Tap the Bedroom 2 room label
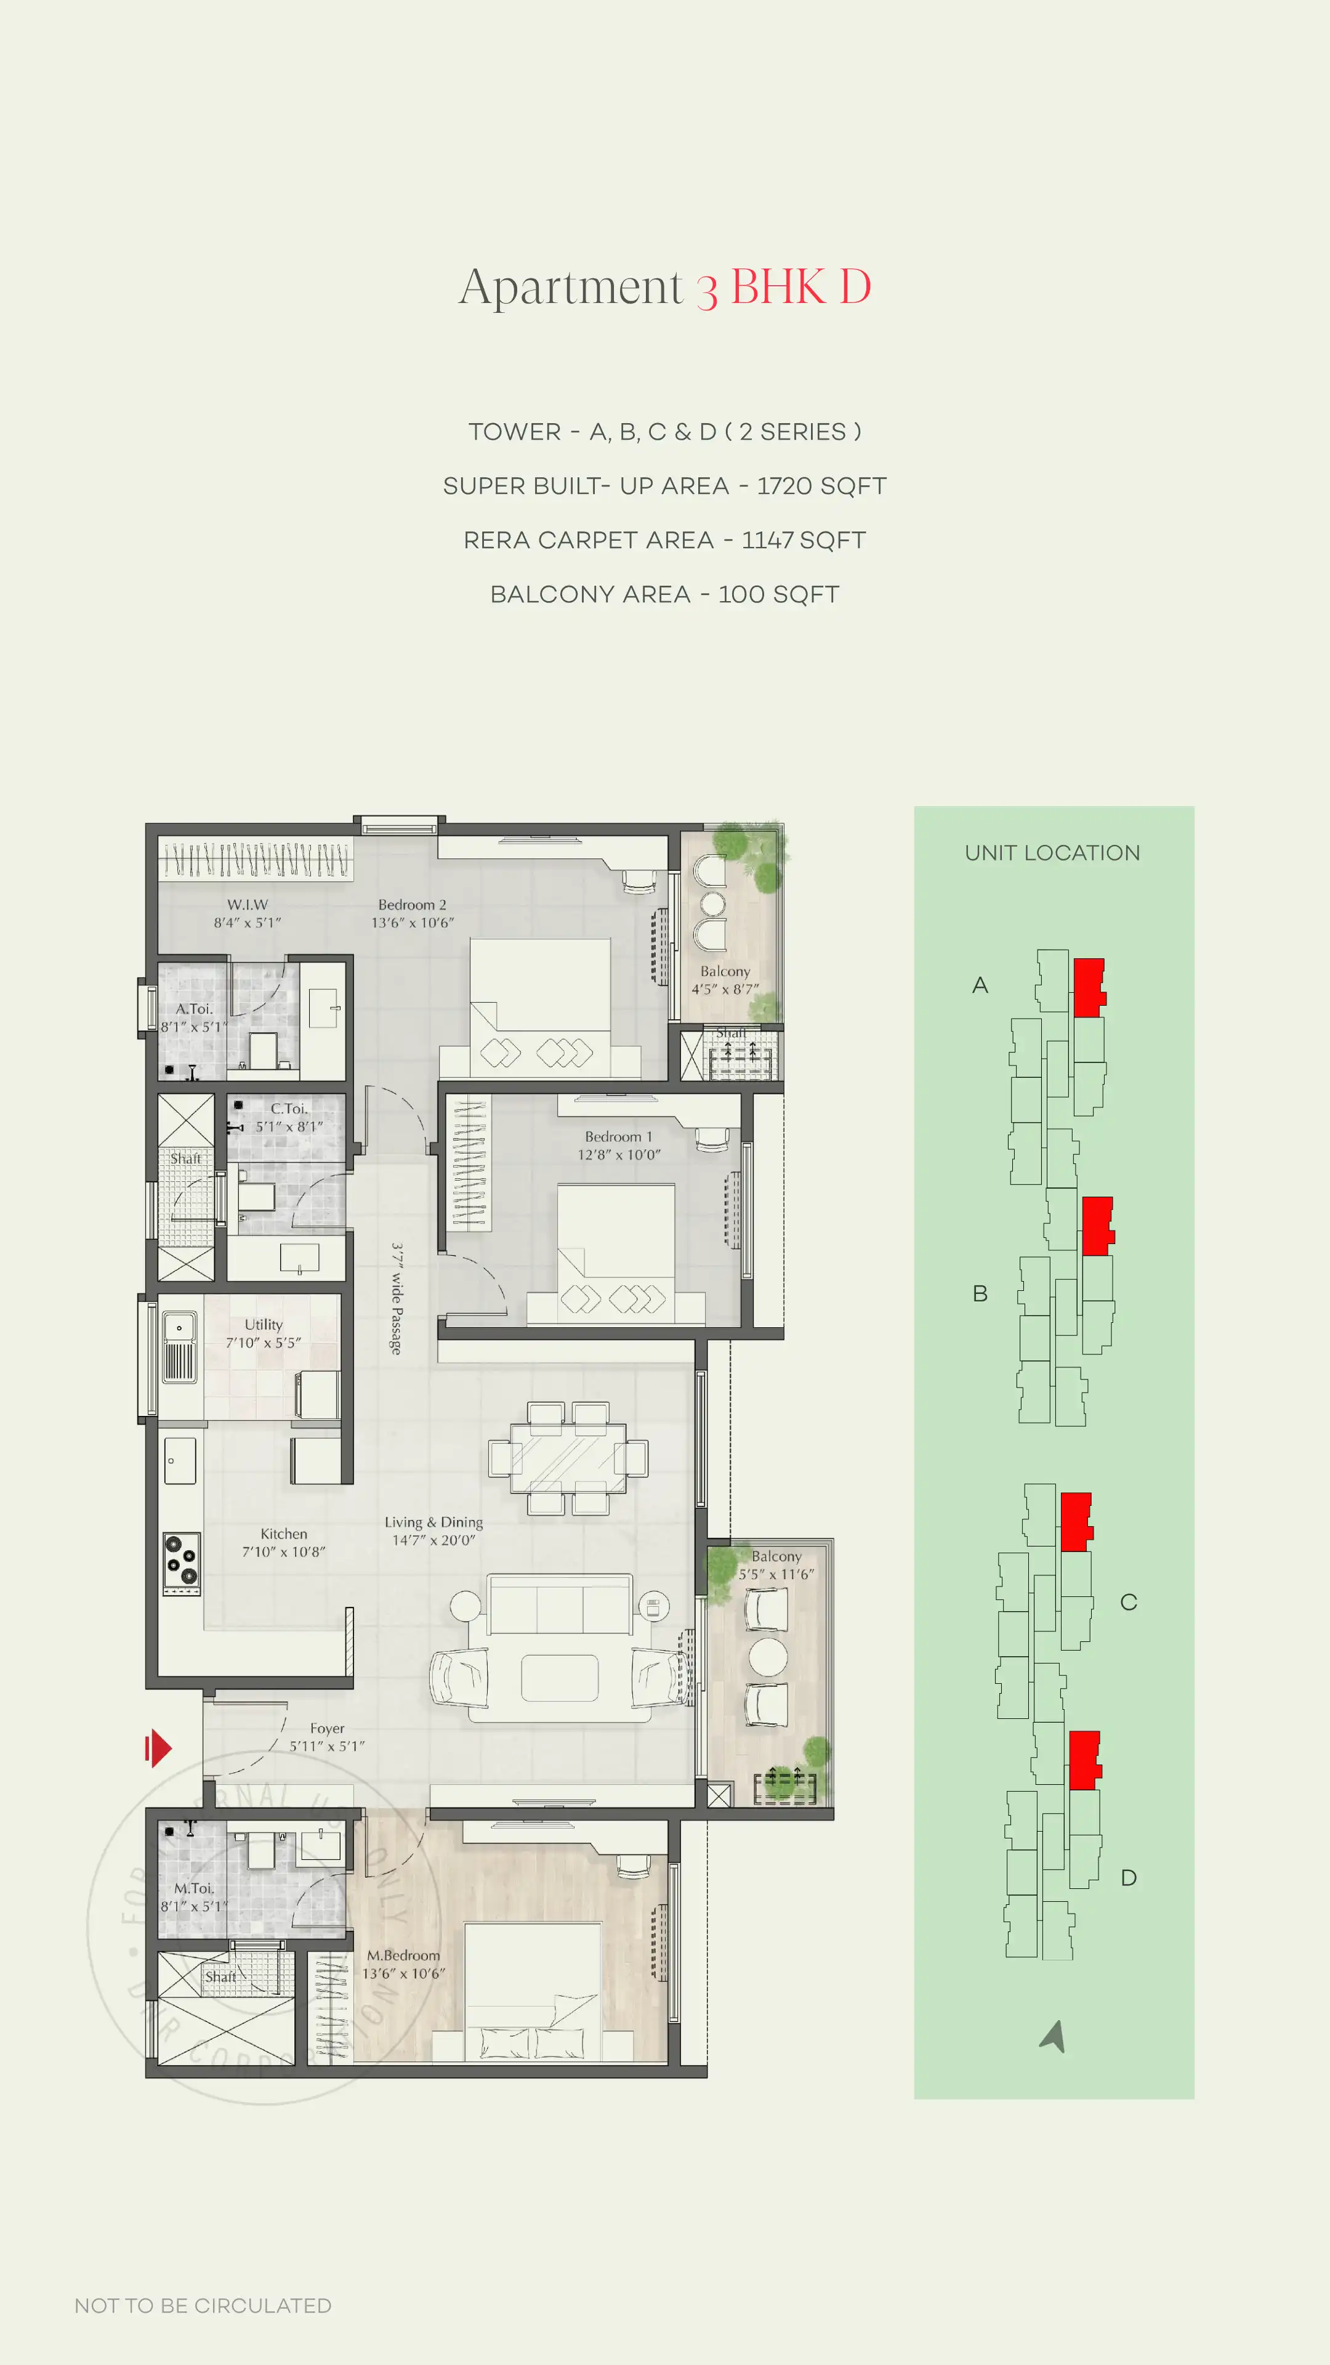coord(412,904)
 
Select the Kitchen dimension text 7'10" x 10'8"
coord(284,1551)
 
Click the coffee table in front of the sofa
coord(559,1677)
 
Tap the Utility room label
coord(264,1324)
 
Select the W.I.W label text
coord(248,904)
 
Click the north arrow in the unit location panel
coord(1054,2036)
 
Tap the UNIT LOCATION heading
coord(1052,853)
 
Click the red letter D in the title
coord(855,288)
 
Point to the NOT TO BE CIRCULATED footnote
coord(203,2305)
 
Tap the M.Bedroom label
coord(404,1955)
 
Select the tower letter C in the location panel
coord(1128,1602)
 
